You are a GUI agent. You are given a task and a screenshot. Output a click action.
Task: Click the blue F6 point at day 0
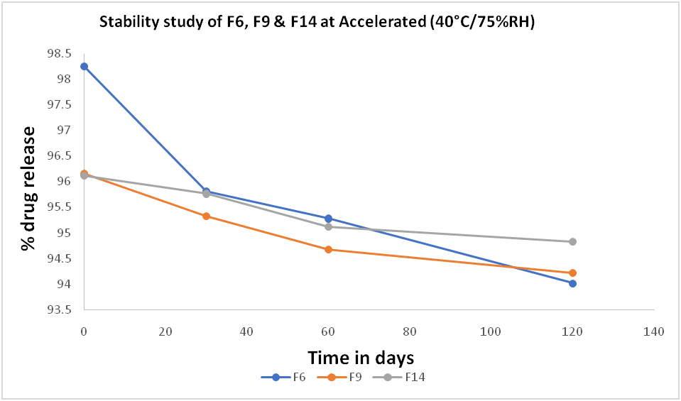(x=84, y=66)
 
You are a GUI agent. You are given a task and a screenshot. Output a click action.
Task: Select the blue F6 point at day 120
(x=572, y=283)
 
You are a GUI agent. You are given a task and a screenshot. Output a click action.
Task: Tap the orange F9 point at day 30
(x=206, y=216)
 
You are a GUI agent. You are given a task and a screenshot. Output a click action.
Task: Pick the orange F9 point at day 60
(x=328, y=249)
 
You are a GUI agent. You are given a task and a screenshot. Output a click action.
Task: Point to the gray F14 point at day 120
(x=572, y=241)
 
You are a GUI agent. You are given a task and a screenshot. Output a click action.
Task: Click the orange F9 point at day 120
(x=572, y=273)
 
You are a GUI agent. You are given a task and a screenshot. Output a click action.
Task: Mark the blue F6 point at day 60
(x=328, y=218)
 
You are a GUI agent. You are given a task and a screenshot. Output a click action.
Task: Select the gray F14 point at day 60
(x=328, y=226)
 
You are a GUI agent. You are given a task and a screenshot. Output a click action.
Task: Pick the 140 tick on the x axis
(x=653, y=331)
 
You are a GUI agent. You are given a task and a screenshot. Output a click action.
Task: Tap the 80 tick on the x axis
(x=409, y=331)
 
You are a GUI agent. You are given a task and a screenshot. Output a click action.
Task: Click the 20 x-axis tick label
(x=165, y=331)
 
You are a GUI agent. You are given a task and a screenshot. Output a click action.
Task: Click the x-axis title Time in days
(x=361, y=356)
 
